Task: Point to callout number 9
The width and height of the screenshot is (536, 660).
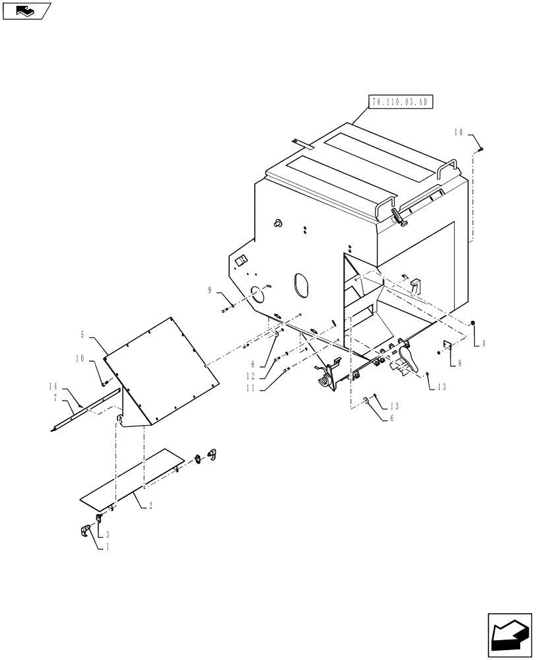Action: click(210, 290)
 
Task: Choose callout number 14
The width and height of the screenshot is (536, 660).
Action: click(52, 385)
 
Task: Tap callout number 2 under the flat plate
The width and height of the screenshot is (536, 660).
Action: click(151, 505)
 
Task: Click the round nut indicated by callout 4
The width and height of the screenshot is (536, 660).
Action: click(474, 323)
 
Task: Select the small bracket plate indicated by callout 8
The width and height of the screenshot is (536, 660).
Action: click(447, 344)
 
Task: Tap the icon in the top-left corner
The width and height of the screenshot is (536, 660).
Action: click(26, 10)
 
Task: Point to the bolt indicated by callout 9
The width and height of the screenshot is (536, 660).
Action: click(228, 309)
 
